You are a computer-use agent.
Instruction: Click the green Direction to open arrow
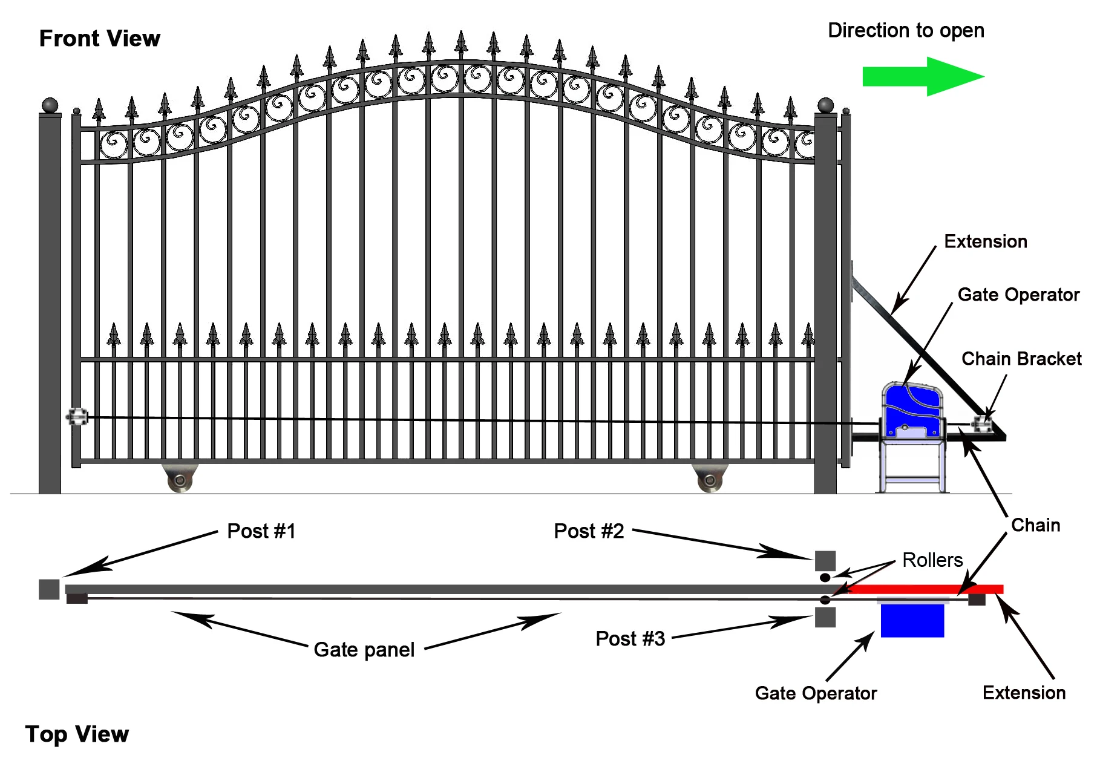tap(922, 77)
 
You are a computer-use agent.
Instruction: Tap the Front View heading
tap(100, 39)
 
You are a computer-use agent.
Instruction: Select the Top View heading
tap(77, 734)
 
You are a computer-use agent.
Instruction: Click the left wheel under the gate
tap(180, 480)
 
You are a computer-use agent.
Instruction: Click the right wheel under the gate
tap(710, 480)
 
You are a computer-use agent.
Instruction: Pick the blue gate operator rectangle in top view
tap(912, 620)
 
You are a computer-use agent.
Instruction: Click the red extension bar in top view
tap(926, 589)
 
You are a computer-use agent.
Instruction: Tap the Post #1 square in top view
tap(49, 589)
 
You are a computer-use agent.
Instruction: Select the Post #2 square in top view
tap(825, 561)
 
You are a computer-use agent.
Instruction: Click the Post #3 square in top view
tap(825, 617)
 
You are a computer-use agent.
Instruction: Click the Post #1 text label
tap(261, 531)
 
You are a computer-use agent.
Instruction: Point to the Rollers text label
tap(932, 560)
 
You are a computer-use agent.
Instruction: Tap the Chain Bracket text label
tap(1021, 359)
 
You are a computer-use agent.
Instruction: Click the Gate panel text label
tap(364, 650)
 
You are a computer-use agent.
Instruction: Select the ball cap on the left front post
tap(50, 106)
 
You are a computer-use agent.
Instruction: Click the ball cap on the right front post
tap(825, 106)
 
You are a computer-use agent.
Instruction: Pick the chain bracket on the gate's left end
tap(77, 417)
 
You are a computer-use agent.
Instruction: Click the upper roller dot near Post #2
tap(825, 578)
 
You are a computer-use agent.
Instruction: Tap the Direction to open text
tap(905, 30)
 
